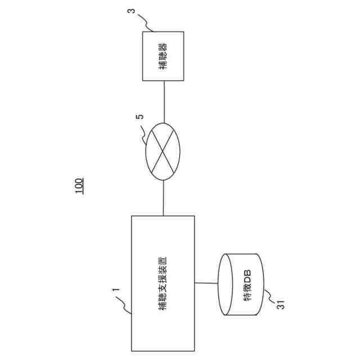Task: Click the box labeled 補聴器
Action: tap(163, 56)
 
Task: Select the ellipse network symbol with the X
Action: tap(163, 151)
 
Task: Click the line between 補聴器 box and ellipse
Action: tap(163, 102)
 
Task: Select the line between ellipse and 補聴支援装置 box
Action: tap(163, 197)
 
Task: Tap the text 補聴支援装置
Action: tap(163, 281)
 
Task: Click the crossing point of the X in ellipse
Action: tap(163, 151)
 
